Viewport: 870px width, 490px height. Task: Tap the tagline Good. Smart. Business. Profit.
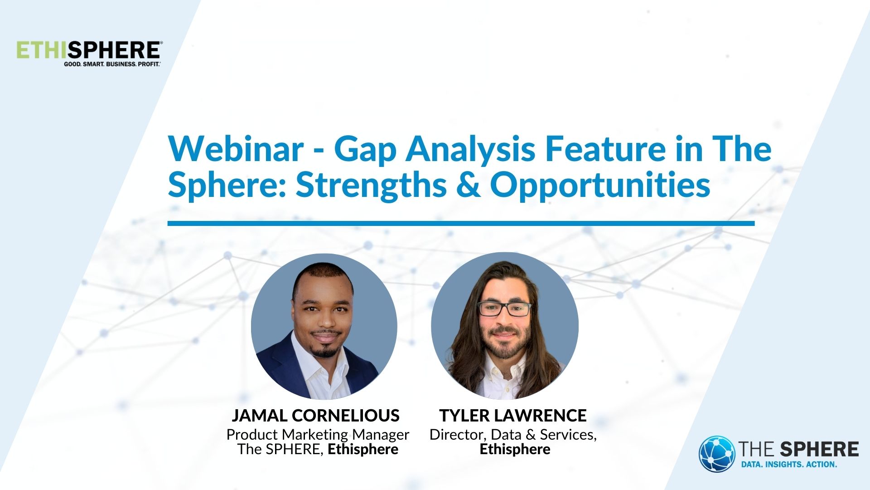pos(112,64)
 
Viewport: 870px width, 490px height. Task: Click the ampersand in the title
pos(468,185)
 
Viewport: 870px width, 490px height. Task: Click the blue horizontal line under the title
pos(460,223)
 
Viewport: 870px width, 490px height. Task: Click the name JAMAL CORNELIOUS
pos(315,416)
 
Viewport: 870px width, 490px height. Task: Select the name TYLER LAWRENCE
pos(512,416)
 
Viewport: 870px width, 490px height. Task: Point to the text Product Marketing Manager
pos(318,435)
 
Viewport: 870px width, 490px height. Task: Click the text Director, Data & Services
pos(512,435)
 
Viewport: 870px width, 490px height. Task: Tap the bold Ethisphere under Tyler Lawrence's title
pos(515,450)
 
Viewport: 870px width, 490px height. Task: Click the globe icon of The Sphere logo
pos(716,454)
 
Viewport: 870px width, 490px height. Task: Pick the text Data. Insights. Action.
pos(788,465)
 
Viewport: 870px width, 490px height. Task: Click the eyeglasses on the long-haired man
pos(505,309)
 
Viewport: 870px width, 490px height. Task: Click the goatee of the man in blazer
pos(325,352)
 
